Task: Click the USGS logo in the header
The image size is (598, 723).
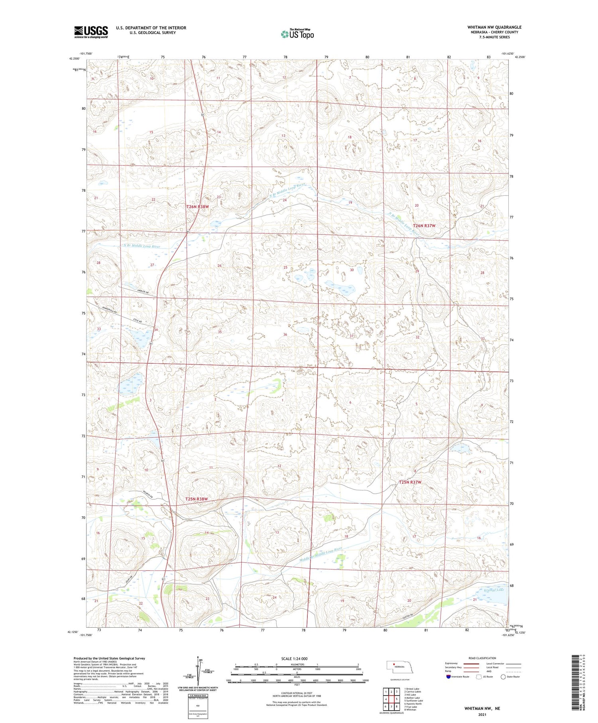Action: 91,32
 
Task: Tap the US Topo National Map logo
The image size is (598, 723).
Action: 297,34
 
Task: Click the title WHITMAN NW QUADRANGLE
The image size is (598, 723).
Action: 494,27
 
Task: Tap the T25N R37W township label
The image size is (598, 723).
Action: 410,482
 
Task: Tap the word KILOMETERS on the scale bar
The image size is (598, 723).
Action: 297,664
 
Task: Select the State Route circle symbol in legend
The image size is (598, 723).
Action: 503,677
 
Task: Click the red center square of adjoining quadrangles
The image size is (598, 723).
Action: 396,699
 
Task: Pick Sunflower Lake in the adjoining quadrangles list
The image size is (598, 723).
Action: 413,700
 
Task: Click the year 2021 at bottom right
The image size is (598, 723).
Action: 482,715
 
